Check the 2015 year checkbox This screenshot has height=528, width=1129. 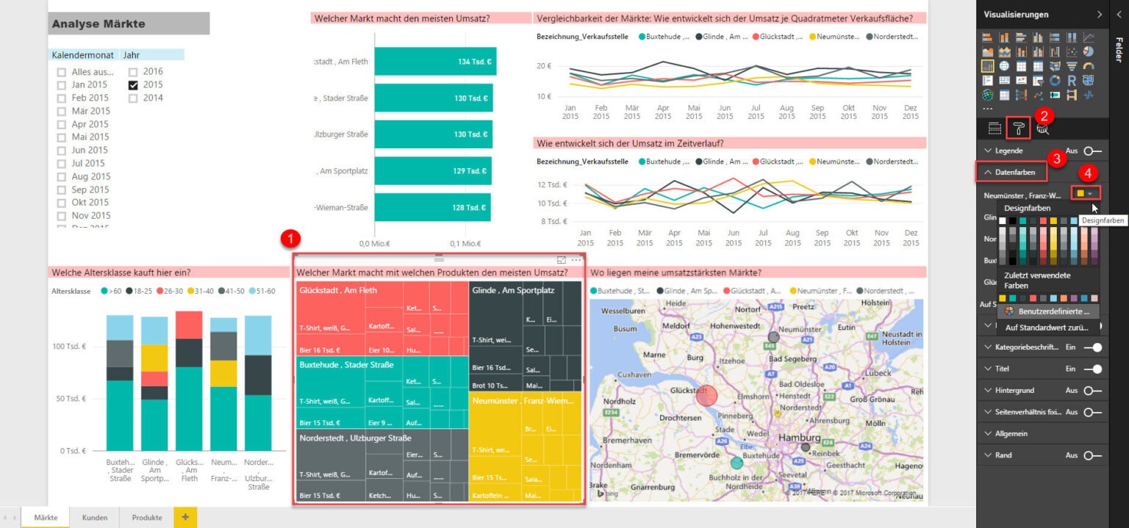(133, 85)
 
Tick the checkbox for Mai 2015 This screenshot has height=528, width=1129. (62, 137)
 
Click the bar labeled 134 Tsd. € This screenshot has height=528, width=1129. (435, 62)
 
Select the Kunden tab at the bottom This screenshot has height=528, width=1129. (95, 518)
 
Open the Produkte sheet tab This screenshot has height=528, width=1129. (147, 518)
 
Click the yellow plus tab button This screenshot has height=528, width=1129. (184, 518)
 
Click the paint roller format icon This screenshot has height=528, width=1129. (1019, 129)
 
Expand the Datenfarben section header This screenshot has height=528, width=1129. (1011, 172)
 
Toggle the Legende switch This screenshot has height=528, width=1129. (1092, 151)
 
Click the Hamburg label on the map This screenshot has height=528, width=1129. (800, 438)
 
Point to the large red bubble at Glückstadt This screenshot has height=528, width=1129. (706, 396)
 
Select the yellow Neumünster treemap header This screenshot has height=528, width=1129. (523, 401)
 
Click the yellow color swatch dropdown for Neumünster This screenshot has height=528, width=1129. (1085, 193)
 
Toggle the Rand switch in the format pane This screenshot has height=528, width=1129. (1092, 455)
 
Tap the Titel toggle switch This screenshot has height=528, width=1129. (1092, 369)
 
